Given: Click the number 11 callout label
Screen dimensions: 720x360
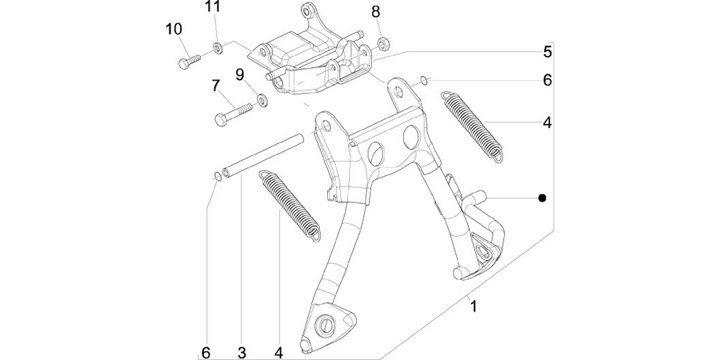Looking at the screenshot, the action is pyautogui.click(x=213, y=7).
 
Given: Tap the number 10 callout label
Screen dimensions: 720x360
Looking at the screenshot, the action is pyautogui.click(x=174, y=30).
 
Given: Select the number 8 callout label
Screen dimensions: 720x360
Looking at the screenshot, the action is pyautogui.click(x=376, y=12).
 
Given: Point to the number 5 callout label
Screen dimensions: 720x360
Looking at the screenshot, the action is pyautogui.click(x=547, y=52).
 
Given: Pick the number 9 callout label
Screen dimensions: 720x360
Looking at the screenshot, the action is pyautogui.click(x=240, y=74).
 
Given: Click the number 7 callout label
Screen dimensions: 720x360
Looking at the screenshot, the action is pyautogui.click(x=215, y=86).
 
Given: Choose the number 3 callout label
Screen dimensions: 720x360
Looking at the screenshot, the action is pyautogui.click(x=242, y=353).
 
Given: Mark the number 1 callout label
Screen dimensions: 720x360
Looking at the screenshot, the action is pyautogui.click(x=474, y=306).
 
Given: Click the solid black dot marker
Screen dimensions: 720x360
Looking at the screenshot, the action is pyautogui.click(x=542, y=198).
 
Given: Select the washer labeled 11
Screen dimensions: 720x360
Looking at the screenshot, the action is pyautogui.click(x=218, y=47).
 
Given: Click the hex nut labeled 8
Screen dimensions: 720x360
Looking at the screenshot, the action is pyautogui.click(x=383, y=44).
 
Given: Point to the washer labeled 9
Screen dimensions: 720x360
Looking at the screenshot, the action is pyautogui.click(x=262, y=100).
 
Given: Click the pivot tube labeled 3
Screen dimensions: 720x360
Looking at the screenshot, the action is pyautogui.click(x=263, y=154).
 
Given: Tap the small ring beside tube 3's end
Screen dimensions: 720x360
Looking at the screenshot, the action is pyautogui.click(x=218, y=176).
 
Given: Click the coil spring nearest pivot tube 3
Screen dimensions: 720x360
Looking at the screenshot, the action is pyautogui.click(x=290, y=206).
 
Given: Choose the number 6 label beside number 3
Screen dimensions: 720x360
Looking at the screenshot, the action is pyautogui.click(x=206, y=353).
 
